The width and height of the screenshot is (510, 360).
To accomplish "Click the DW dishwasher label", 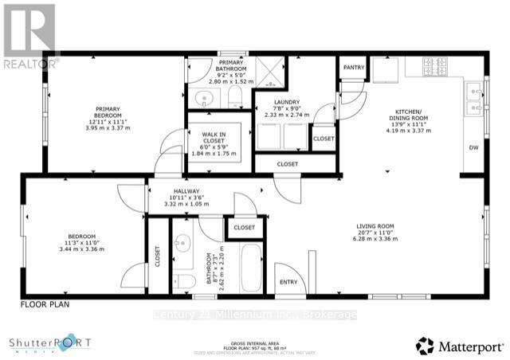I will coord(473,147).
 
